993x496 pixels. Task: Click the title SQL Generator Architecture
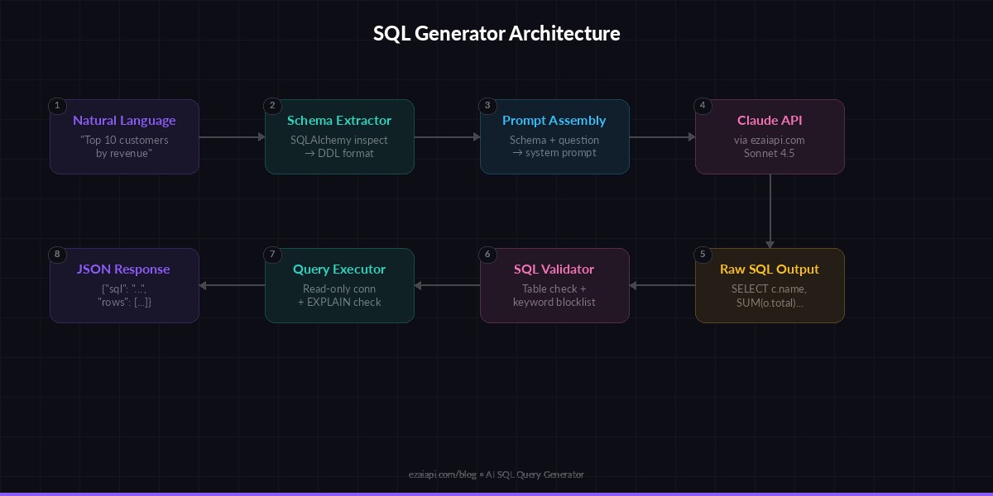(496, 34)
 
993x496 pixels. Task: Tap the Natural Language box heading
(124, 121)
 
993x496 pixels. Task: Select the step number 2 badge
(272, 106)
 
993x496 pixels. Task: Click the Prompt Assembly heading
(554, 121)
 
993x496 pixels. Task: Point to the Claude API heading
(770, 121)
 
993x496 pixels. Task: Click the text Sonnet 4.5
(770, 154)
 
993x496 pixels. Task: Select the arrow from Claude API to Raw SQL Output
(770, 211)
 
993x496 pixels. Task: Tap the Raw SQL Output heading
(770, 269)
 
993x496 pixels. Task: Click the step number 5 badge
(703, 255)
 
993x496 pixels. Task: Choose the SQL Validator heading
(554, 269)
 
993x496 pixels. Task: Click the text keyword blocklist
(554, 303)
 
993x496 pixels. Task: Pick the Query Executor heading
(339, 269)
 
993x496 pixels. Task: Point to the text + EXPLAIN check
(339, 303)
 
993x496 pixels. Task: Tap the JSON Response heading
(124, 269)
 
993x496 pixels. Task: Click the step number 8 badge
(57, 255)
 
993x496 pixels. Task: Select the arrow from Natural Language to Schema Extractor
(232, 137)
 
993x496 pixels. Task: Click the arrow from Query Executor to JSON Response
(232, 286)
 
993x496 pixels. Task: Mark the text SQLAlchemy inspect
(339, 141)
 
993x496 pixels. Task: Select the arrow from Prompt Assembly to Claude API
(662, 137)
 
